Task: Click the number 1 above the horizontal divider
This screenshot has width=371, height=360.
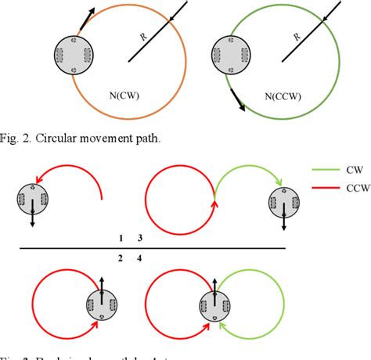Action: click(121, 237)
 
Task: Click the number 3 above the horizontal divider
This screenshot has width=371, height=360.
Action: click(140, 237)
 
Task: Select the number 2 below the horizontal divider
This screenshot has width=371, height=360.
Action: click(121, 257)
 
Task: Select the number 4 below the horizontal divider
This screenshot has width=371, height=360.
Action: click(140, 257)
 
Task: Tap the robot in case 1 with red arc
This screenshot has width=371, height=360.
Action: click(32, 200)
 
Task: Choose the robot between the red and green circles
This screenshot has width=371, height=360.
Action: click(213, 307)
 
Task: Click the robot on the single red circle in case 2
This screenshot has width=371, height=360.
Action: click(101, 307)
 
